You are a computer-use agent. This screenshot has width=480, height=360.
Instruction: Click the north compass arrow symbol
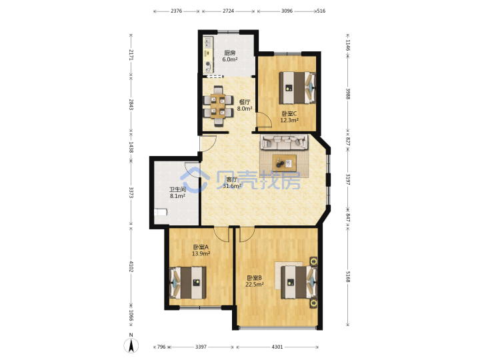(x=131, y=346)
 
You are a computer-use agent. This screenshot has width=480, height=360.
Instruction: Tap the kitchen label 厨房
(x=229, y=53)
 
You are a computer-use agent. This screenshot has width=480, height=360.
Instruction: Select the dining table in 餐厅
(x=219, y=106)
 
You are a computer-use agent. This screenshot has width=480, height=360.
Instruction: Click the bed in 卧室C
(x=297, y=87)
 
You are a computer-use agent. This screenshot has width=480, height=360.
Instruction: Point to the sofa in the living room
(x=284, y=143)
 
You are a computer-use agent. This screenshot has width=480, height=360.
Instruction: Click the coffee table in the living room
(x=285, y=163)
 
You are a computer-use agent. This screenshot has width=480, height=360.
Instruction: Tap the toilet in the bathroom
(x=161, y=212)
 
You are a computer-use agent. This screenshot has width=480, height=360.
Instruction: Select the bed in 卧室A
(x=187, y=283)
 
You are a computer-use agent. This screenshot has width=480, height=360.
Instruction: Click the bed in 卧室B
(x=299, y=282)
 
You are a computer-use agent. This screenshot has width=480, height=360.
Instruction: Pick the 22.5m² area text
(x=255, y=285)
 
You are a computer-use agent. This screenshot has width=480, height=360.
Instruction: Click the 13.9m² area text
(x=201, y=253)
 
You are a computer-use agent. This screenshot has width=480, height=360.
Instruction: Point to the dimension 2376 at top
(x=176, y=11)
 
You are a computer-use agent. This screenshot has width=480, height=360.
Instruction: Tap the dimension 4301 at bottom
(x=277, y=347)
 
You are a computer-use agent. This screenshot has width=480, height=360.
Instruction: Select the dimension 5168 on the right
(x=348, y=276)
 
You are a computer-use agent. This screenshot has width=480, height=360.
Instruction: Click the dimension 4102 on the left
(x=131, y=266)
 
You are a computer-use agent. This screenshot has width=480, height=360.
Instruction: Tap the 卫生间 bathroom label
(x=178, y=189)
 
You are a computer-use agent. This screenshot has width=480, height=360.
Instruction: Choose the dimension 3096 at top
(x=287, y=11)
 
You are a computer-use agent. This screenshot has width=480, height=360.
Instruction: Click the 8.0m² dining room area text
(x=245, y=109)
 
